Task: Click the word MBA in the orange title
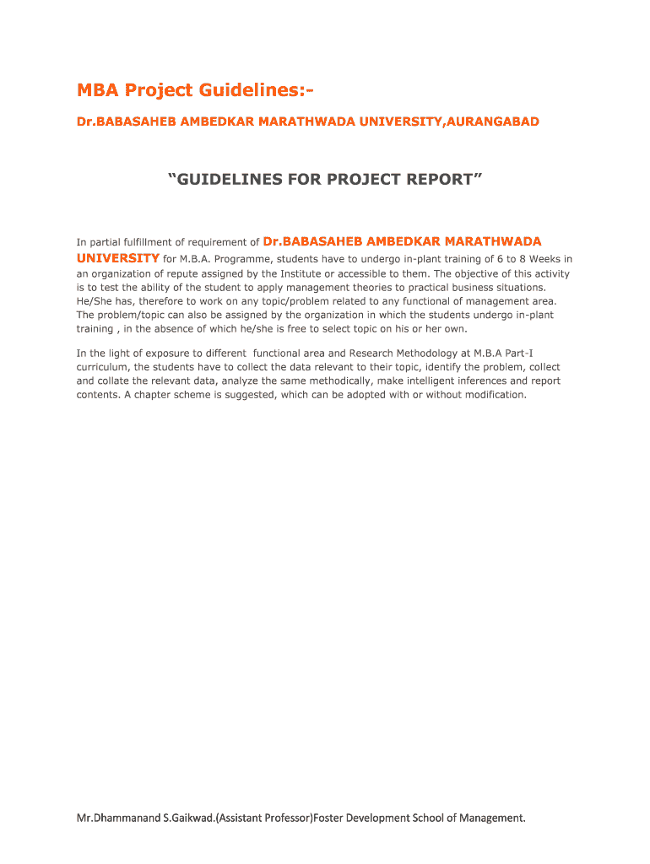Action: point(97,89)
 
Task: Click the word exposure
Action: point(161,354)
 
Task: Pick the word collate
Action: point(114,381)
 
